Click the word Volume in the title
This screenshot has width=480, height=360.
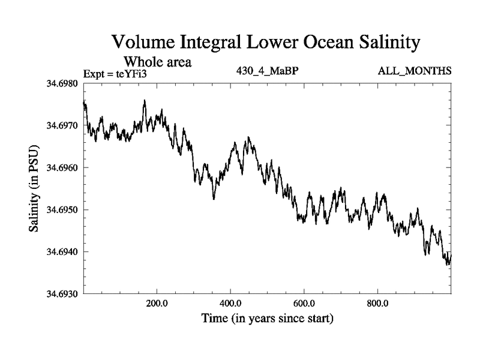[145, 43]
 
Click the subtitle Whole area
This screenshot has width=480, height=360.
[157, 61]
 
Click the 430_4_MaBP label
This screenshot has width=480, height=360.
[268, 71]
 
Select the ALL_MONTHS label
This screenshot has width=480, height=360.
[415, 71]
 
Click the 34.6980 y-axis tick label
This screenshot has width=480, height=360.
[62, 83]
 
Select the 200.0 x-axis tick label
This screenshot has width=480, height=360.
[157, 302]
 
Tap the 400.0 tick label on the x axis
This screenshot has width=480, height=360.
[230, 302]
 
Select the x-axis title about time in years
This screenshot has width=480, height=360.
[267, 318]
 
